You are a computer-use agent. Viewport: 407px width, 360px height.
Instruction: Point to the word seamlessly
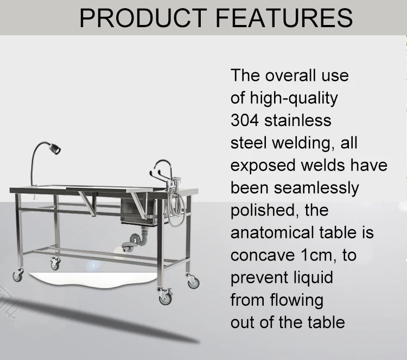pos(318,187)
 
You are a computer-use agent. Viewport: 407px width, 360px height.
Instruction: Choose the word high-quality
pos(294,98)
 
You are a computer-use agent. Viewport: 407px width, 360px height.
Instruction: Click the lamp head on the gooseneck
pos(55,148)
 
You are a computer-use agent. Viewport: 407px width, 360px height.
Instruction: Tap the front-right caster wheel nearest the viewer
pos(164,298)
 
